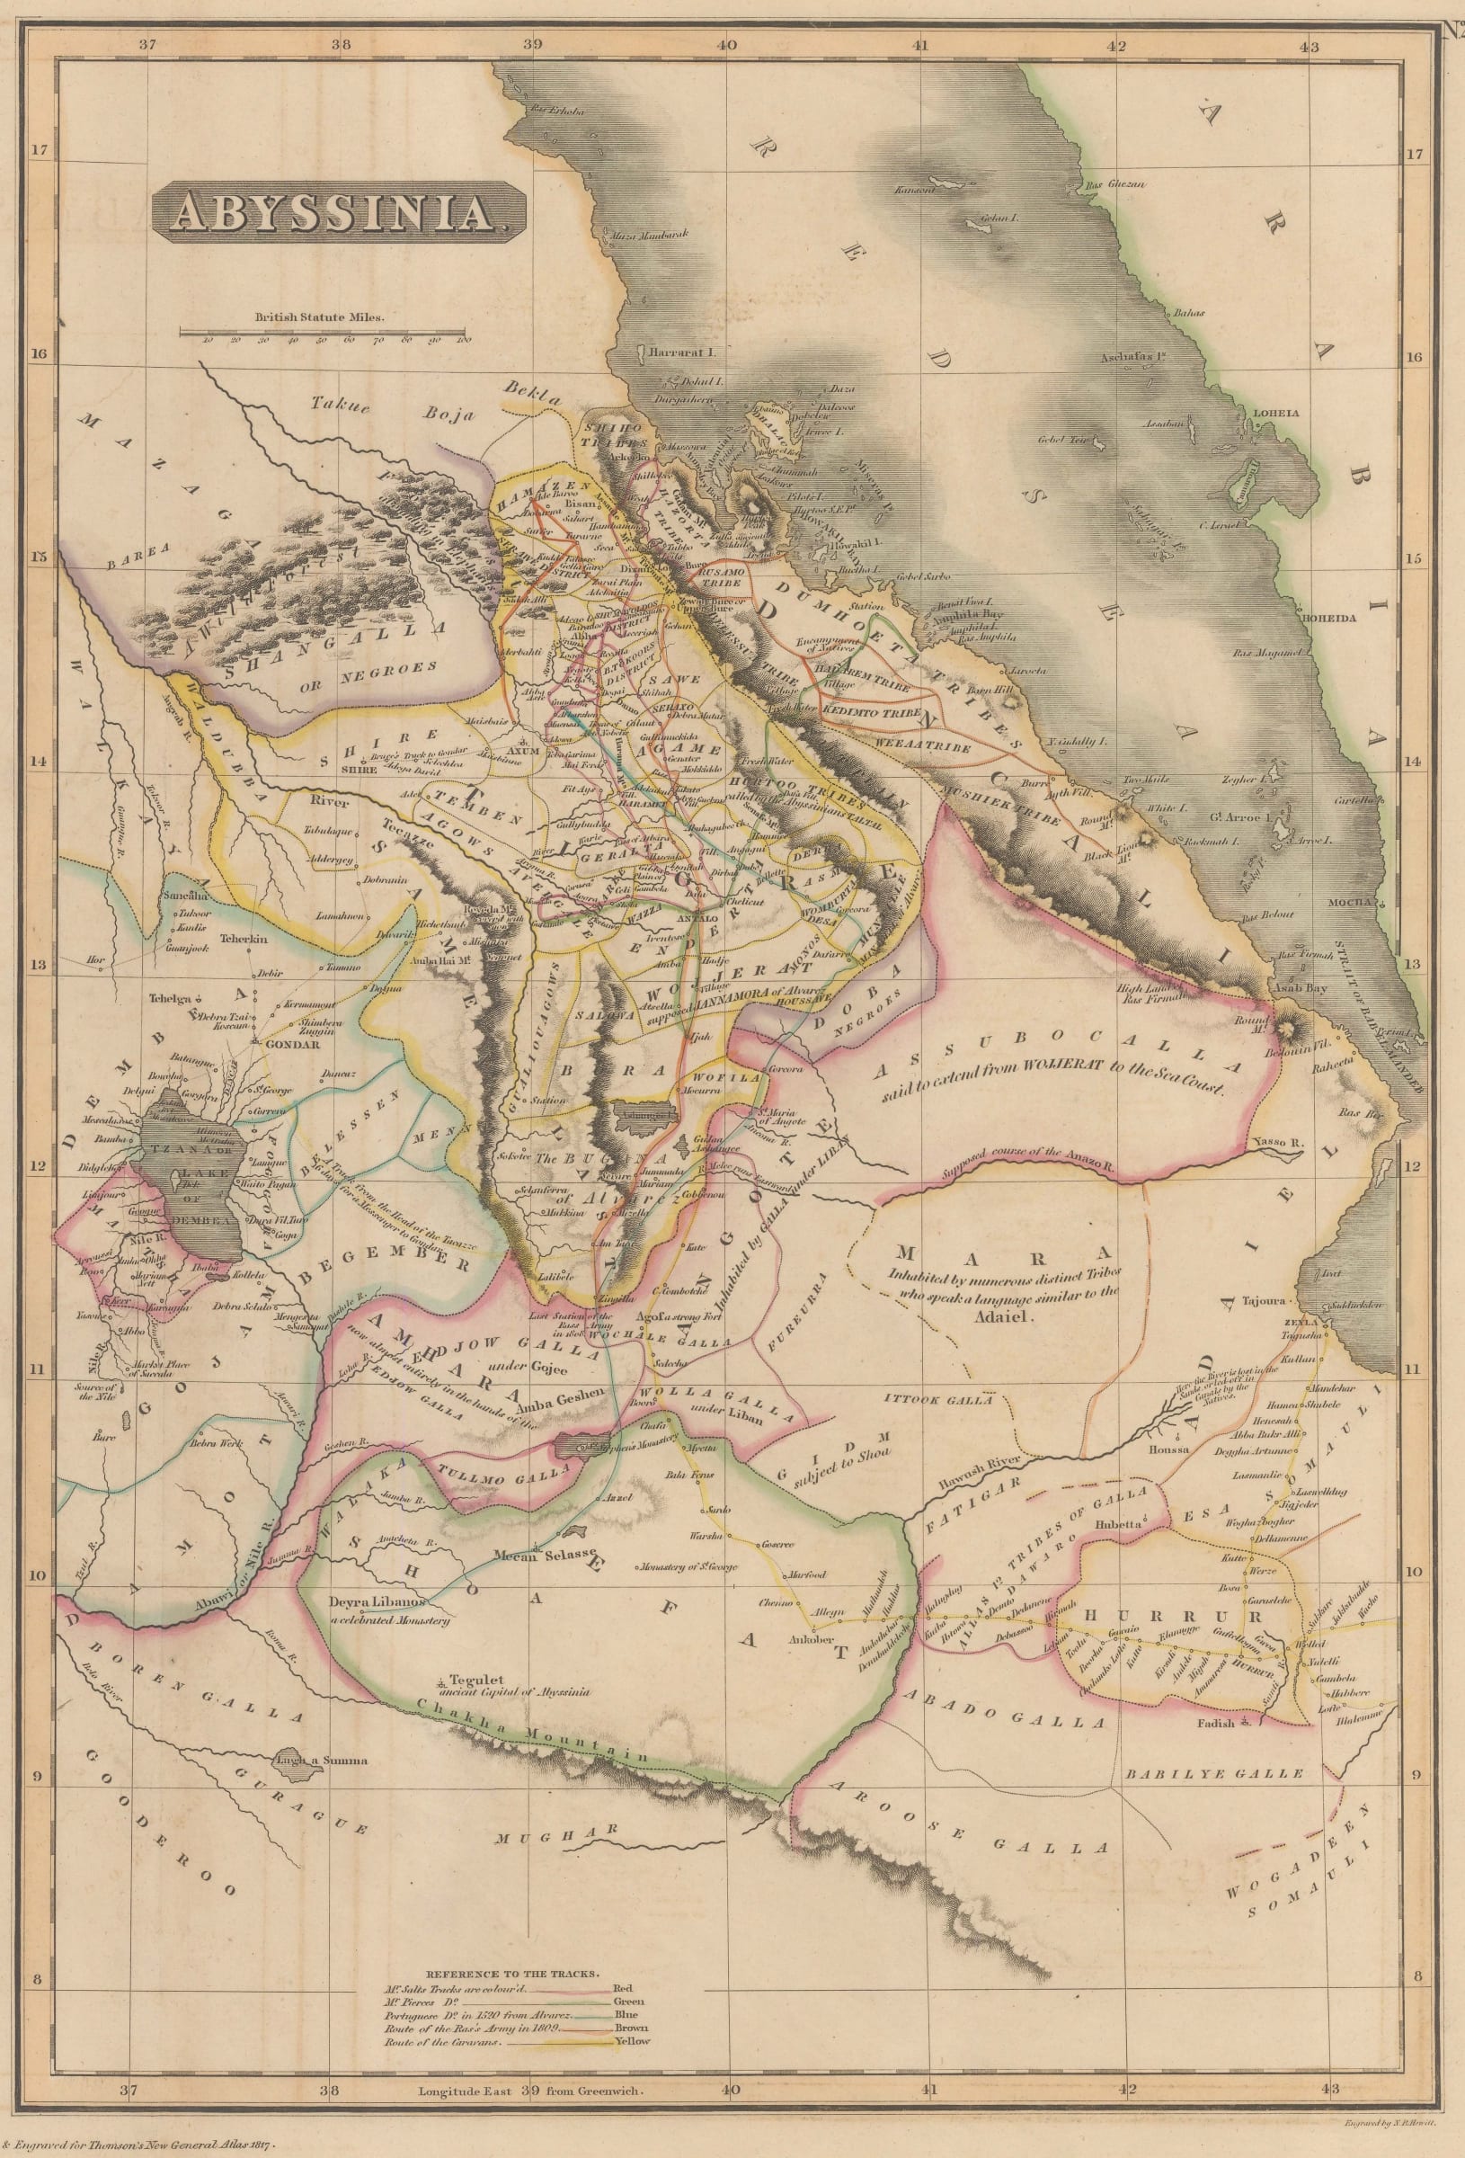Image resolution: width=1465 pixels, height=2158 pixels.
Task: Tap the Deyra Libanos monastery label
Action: (377, 1603)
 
